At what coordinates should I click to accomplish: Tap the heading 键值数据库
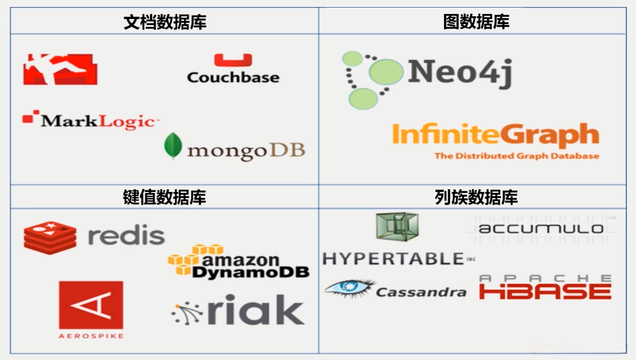tap(164, 197)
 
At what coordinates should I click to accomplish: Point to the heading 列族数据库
tap(476, 197)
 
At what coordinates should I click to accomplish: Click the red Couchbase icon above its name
tap(233, 60)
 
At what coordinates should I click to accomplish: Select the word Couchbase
tap(233, 77)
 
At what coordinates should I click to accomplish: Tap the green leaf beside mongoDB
tap(173, 145)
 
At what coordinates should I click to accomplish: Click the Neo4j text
tap(459, 71)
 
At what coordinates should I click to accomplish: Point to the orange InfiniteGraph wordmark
tap(495, 136)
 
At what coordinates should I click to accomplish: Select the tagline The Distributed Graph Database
tap(516, 156)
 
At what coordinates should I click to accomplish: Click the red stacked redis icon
tap(50, 237)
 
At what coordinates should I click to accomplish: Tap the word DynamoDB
tap(250, 272)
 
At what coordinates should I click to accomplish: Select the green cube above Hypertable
tap(397, 227)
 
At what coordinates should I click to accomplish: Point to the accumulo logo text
tap(541, 228)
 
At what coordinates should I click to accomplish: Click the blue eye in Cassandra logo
tap(349, 287)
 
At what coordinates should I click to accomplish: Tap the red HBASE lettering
tap(545, 291)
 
